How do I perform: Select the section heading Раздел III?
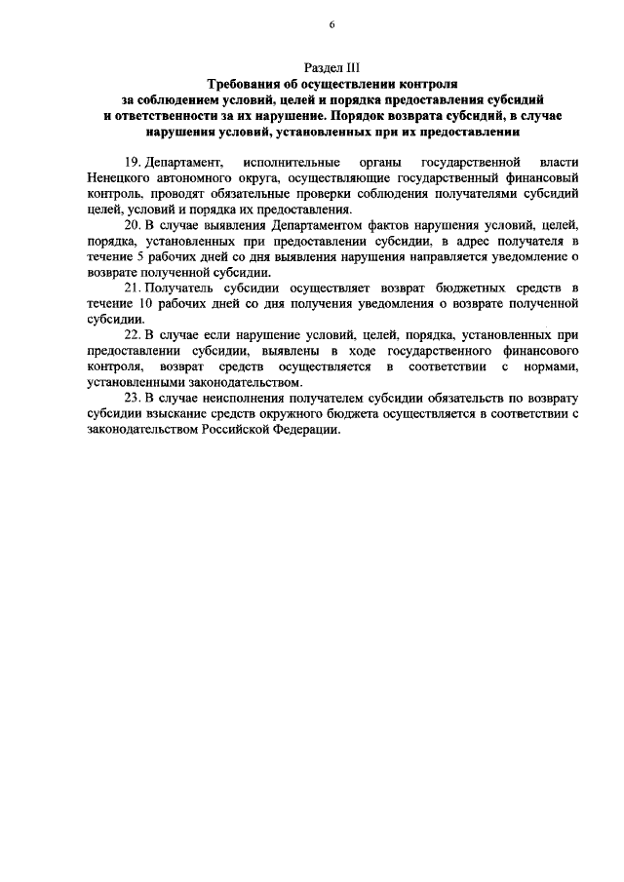coord(331,68)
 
